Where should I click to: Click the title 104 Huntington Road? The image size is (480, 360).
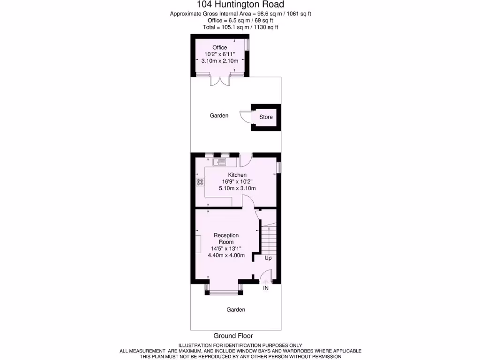click(240, 5)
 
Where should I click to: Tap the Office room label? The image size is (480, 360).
click(219, 47)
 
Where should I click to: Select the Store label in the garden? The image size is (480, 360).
click(266, 117)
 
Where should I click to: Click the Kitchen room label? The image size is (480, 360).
click(237, 175)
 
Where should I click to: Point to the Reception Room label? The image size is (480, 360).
click(226, 239)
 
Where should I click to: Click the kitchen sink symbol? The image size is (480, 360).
click(219, 162)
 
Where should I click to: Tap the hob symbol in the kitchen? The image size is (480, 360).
click(200, 181)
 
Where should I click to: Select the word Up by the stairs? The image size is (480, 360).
click(268, 258)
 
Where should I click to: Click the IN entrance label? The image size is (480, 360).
click(265, 288)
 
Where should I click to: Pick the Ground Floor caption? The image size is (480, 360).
click(233, 336)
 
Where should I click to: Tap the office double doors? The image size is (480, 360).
click(219, 80)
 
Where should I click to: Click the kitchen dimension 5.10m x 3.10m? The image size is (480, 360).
click(237, 188)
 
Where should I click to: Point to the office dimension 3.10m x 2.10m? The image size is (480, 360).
click(219, 61)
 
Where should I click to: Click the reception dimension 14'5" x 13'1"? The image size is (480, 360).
click(226, 248)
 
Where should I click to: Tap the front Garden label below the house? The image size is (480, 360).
click(236, 309)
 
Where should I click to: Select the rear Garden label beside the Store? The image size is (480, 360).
click(219, 115)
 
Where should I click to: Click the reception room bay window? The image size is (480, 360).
click(224, 293)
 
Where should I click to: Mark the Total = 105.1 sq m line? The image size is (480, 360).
click(240, 27)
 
